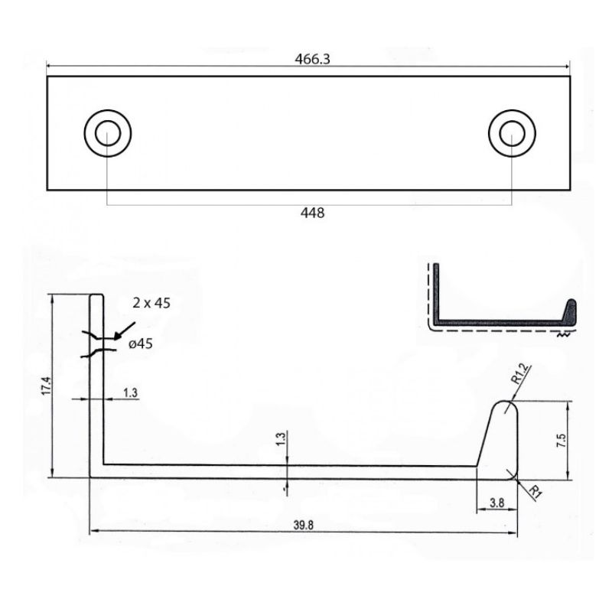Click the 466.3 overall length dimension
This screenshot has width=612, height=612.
pyautogui.click(x=312, y=59)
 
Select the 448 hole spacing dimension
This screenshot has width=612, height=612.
pyautogui.click(x=312, y=213)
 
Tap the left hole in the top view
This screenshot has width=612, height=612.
pyautogui.click(x=108, y=133)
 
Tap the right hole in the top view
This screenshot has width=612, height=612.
pyautogui.click(x=512, y=133)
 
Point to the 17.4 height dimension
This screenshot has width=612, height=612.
pyautogui.click(x=47, y=386)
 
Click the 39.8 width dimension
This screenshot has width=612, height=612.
pyautogui.click(x=303, y=525)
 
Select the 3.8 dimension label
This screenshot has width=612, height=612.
pyautogui.click(x=496, y=503)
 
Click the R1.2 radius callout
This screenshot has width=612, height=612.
pyautogui.click(x=519, y=374)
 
